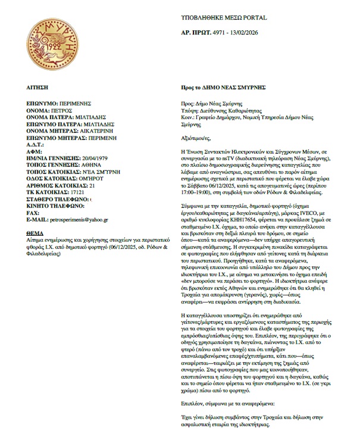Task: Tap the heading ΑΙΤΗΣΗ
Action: click(37, 86)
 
